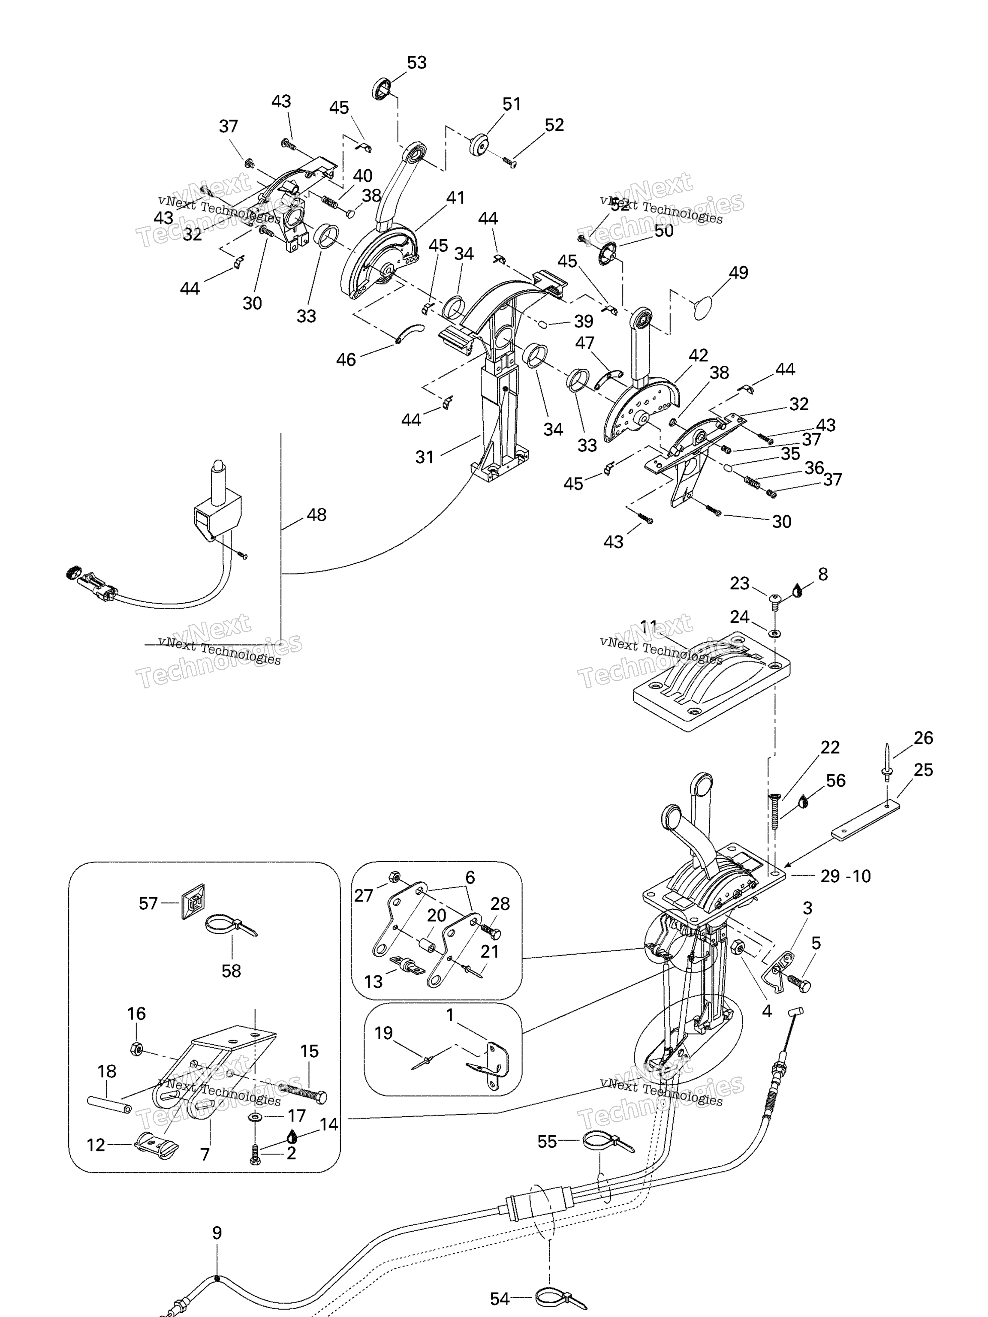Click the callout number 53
coord(416,63)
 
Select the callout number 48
coord(316,514)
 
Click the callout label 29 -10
coord(845,876)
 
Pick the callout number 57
coord(148,903)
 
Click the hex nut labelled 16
coord(136,1049)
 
